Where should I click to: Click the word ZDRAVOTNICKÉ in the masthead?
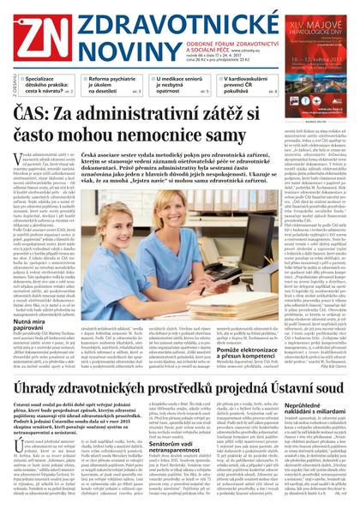(x=147, y=19)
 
